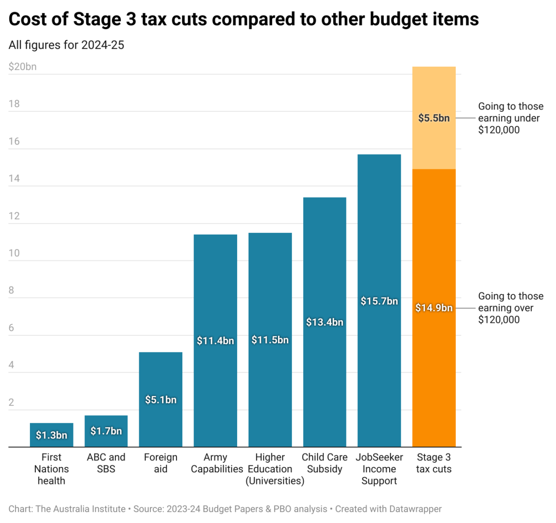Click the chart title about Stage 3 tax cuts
coord(244,19)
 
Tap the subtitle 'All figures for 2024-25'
coord(66,45)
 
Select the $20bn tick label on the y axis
coord(23,67)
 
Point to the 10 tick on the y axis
coord(14,253)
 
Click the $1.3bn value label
coord(51,435)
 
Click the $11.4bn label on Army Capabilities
coord(216,341)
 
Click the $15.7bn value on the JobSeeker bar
coord(379,301)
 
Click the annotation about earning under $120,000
coord(511,118)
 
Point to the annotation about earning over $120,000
coord(511,308)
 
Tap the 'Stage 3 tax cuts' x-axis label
coord(434,463)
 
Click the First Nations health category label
coord(51,469)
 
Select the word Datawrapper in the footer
coord(415,509)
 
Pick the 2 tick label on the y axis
coord(11,402)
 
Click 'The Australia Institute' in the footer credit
coord(80,509)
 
